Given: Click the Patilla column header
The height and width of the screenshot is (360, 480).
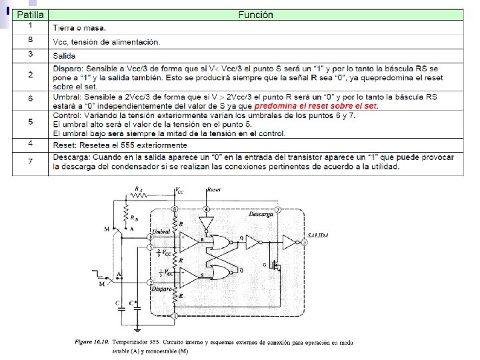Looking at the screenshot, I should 31,15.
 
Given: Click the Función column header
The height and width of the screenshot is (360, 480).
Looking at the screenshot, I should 256,15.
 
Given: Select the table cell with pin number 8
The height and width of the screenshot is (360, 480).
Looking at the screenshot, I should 31,41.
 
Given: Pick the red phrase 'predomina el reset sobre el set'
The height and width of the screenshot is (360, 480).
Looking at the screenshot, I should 316,106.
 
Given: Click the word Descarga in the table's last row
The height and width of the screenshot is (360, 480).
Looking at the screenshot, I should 72,157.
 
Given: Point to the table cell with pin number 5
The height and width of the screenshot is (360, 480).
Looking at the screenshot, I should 31,121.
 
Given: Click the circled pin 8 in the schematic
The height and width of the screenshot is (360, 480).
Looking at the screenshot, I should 175,209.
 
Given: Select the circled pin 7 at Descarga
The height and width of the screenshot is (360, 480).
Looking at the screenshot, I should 278,209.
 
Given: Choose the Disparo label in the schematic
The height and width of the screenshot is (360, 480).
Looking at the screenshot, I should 163,289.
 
